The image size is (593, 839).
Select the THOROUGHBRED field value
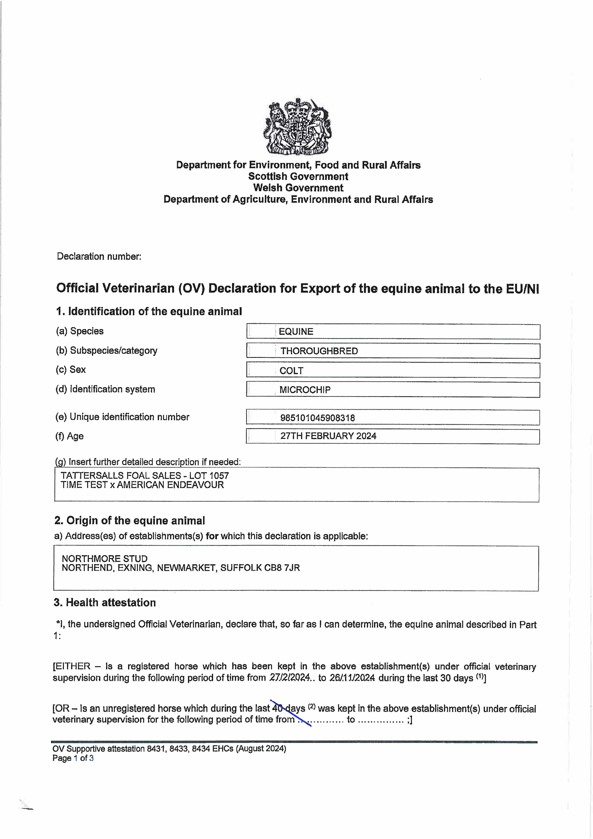point(319,351)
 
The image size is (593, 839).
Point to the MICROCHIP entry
point(305,390)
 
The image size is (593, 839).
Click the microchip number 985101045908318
point(317,418)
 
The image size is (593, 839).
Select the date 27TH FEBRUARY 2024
point(328,436)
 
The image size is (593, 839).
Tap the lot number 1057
point(219,476)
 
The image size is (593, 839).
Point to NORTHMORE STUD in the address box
point(105,559)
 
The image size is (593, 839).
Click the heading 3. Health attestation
point(105,603)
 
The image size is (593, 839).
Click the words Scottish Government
point(298,177)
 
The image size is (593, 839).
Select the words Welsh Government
point(298,188)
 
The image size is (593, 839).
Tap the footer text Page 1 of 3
point(73,758)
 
